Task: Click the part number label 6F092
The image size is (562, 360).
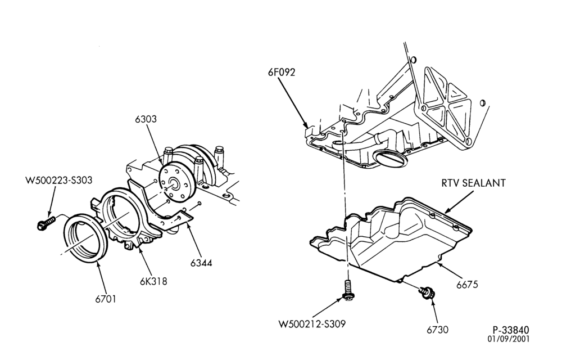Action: coord(282,72)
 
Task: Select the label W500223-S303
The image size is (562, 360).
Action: coord(59,179)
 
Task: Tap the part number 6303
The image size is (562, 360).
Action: coord(146,119)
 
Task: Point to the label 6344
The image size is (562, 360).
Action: coord(201,263)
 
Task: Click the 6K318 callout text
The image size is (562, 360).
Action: coord(153,281)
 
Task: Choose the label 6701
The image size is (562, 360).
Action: coord(106,299)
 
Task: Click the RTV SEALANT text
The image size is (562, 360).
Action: coord(473,183)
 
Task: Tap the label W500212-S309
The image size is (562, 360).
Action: coord(312,324)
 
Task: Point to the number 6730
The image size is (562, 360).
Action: coord(437,330)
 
